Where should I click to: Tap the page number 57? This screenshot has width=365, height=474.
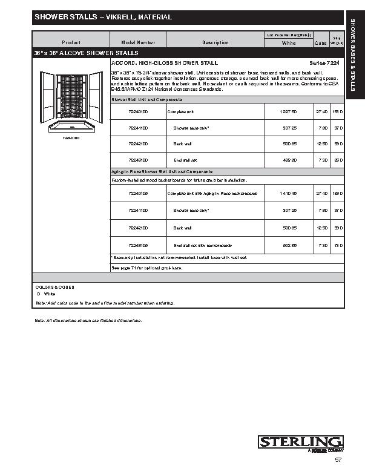point(338,460)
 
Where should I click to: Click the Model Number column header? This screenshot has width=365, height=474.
point(138,42)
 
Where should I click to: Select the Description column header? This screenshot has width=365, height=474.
point(215,42)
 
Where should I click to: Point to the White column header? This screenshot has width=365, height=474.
point(289,44)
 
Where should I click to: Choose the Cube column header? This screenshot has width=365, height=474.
point(320,44)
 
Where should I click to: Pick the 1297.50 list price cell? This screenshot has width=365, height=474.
point(288,112)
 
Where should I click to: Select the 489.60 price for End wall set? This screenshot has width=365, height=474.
point(288,160)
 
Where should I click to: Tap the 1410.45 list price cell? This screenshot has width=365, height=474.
point(288,193)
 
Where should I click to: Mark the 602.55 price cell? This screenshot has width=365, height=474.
point(288,245)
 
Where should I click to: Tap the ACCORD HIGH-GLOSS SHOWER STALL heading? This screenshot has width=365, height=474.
point(165,63)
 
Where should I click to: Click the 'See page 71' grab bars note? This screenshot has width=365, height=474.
point(146,267)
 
